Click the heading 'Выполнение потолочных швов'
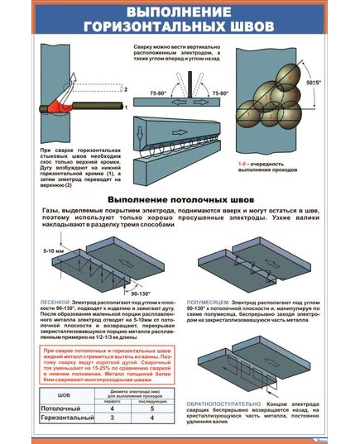[180, 201]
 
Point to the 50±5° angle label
[312, 83]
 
